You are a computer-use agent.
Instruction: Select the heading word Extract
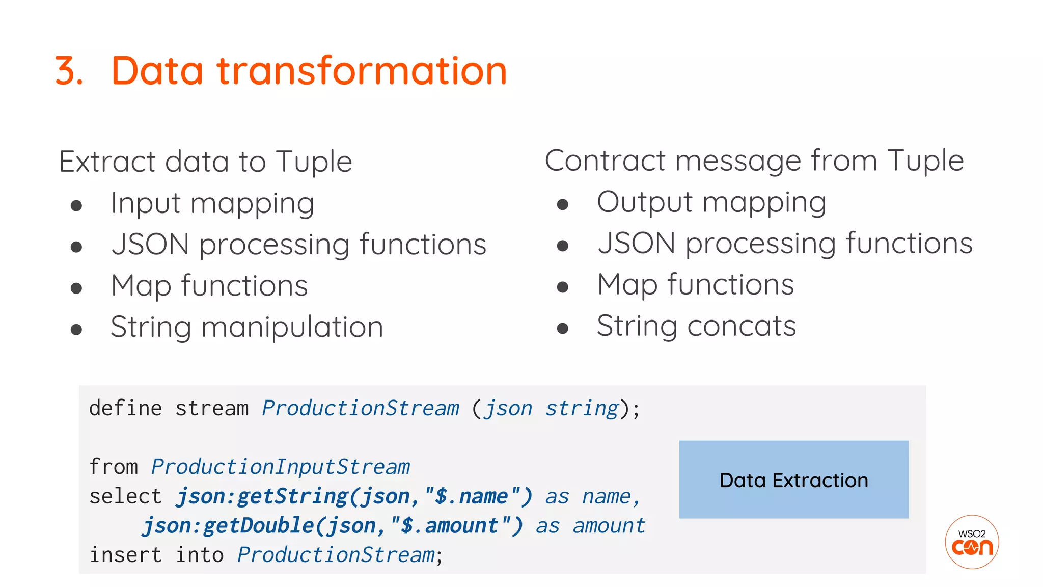[107, 162]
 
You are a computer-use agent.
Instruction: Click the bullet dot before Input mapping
[76, 206]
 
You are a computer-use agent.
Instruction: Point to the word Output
[645, 202]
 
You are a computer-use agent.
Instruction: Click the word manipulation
[292, 327]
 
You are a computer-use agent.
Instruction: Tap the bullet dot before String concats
[563, 329]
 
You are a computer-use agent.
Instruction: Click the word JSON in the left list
[150, 245]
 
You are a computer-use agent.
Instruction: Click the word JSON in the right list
[637, 244]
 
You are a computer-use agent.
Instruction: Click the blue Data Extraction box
[793, 479]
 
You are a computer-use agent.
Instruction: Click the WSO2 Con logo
[972, 542]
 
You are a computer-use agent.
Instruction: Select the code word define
[126, 409]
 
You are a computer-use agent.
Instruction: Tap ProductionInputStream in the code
[280, 467]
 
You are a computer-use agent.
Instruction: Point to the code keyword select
[125, 497]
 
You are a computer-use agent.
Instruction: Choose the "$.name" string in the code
[472, 497]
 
